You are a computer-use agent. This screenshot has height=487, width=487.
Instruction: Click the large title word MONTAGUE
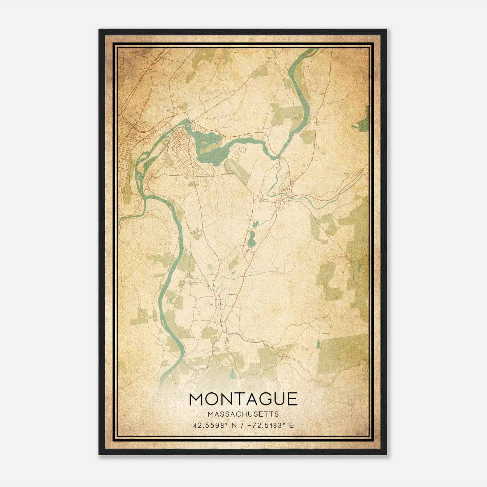click(x=243, y=399)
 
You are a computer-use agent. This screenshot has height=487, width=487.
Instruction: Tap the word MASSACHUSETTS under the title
click(x=243, y=414)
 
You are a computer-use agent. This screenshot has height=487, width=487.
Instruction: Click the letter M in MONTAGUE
click(x=197, y=399)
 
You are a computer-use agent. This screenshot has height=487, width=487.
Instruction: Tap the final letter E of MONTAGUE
click(x=292, y=399)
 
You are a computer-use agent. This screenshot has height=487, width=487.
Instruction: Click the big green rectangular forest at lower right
click(x=344, y=356)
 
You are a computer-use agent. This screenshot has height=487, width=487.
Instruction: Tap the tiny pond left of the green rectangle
click(x=318, y=345)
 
